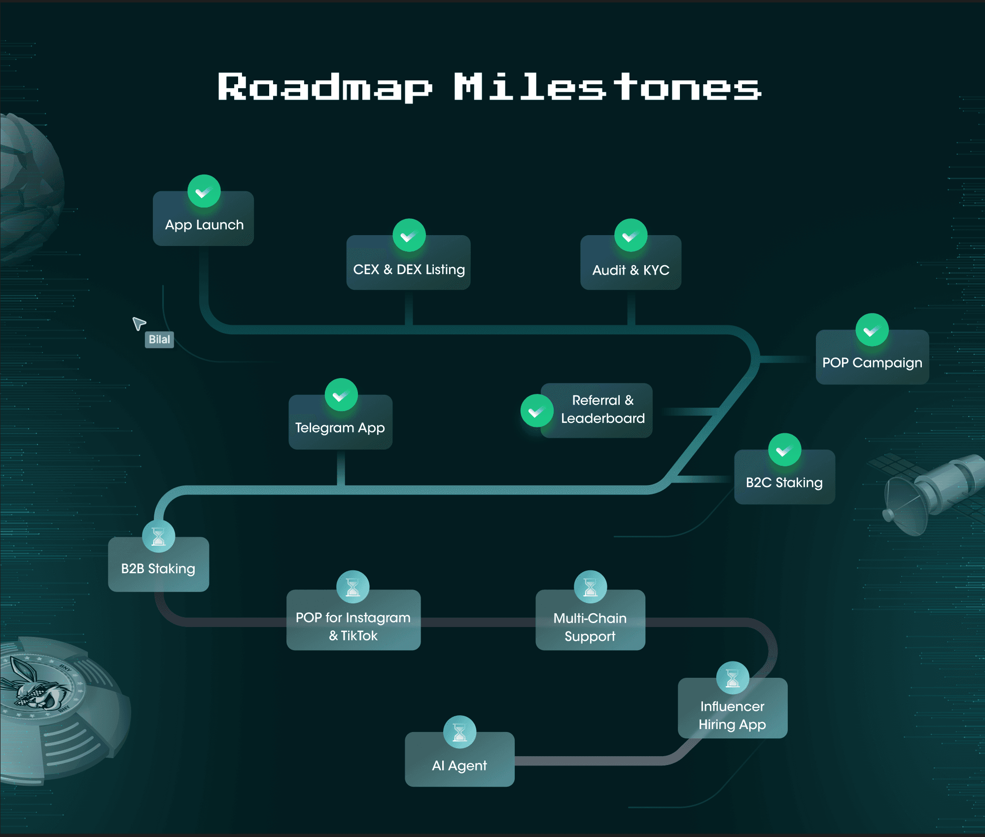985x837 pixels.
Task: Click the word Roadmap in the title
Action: tap(325, 88)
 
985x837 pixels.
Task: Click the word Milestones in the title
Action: tap(607, 87)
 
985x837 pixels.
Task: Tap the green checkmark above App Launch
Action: tap(204, 191)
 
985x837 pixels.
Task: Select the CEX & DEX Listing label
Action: tap(409, 270)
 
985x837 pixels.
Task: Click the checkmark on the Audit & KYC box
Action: tap(631, 235)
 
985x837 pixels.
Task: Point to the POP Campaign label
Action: tap(872, 363)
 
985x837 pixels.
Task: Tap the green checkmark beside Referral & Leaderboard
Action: tap(537, 411)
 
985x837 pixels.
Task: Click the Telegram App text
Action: tap(340, 428)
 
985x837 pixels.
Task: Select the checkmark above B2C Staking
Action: tap(784, 450)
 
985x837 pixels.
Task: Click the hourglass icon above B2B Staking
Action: tap(158, 536)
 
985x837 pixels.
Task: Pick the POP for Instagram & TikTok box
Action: tap(353, 620)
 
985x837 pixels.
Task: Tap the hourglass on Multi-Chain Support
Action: tap(590, 587)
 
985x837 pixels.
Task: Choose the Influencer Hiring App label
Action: tap(732, 715)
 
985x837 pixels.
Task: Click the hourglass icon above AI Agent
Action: tap(459, 732)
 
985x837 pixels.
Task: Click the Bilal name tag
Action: tap(159, 340)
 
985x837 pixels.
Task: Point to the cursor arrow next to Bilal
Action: tap(139, 323)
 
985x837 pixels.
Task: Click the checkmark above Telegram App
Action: tap(341, 395)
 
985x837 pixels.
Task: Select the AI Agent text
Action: tap(459, 766)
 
